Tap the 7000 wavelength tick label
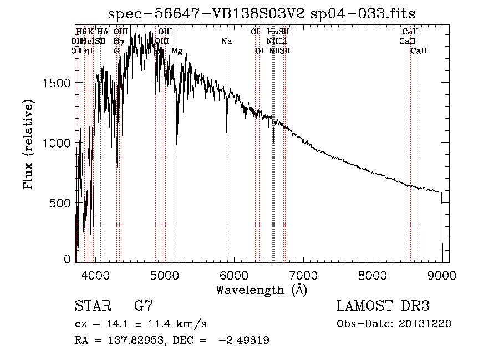(x=303, y=275)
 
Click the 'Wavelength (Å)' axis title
(x=261, y=290)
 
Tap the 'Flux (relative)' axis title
(x=28, y=145)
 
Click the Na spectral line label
(x=226, y=42)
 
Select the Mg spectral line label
(x=176, y=51)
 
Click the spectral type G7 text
(x=143, y=306)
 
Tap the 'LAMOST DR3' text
(x=383, y=306)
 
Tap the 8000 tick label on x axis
(x=372, y=275)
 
